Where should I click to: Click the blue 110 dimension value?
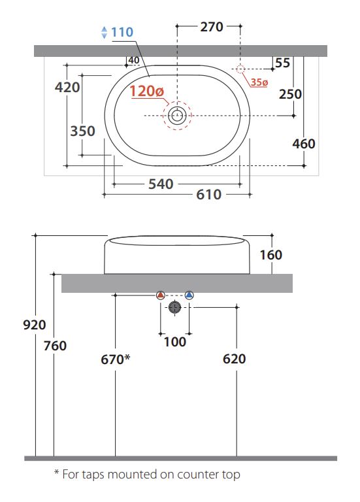122,32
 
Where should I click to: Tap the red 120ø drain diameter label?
146,92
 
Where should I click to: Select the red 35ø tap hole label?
259,82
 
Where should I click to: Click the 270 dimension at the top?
212,27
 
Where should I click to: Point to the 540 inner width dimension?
161,184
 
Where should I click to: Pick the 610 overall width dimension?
208,194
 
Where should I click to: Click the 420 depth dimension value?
67,87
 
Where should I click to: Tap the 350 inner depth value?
82,131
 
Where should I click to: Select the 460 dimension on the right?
304,144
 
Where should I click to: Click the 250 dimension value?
290,94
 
